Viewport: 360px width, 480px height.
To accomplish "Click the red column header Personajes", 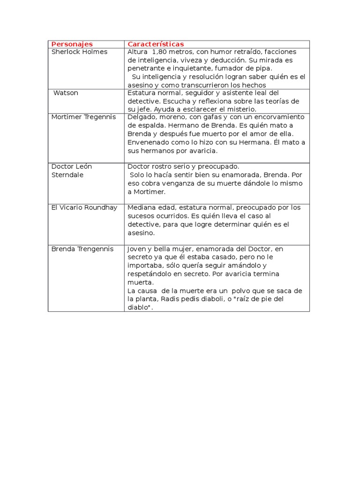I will coord(72,44).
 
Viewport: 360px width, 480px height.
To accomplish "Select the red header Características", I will coord(156,44).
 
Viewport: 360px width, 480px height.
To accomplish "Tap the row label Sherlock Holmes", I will coord(79,52).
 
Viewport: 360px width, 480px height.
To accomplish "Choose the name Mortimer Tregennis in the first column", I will coord(83,117).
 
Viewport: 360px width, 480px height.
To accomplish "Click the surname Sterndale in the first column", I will coord(67,175).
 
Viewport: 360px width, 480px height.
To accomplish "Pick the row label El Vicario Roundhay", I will coord(84,208).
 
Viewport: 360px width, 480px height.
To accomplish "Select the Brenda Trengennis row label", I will coord(82,249).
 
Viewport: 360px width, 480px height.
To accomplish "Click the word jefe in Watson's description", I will coord(143,109).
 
